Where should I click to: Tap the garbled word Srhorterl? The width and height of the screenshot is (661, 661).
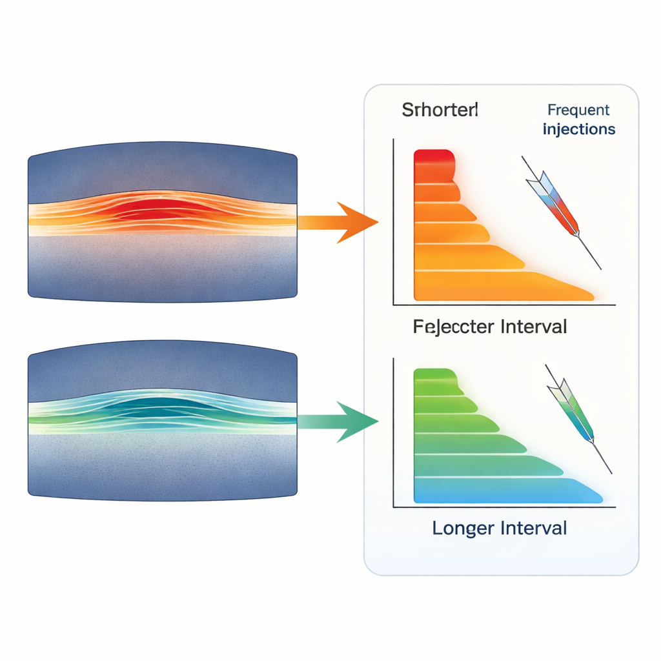pyautogui.click(x=440, y=110)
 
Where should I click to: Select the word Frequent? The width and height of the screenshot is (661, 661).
pyautogui.click(x=578, y=110)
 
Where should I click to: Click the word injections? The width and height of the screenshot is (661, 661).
pyautogui.click(x=579, y=129)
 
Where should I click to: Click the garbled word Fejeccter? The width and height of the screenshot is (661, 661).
pyautogui.click(x=453, y=327)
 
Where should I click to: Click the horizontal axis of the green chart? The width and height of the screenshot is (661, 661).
pyautogui.click(x=503, y=507)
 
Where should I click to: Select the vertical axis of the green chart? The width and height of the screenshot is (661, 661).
pyautogui.click(x=393, y=432)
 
